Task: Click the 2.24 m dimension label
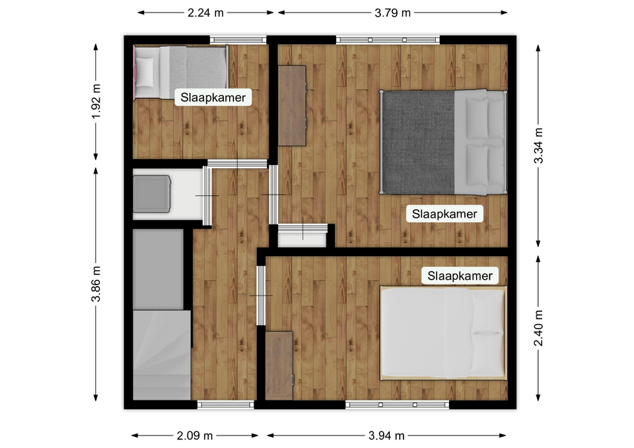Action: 205,13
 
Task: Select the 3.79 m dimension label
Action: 392,13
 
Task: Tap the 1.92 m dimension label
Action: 96,102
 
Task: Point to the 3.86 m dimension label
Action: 96,284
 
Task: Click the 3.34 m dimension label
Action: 539,145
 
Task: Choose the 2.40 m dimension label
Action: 539,328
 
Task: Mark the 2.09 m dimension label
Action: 194,435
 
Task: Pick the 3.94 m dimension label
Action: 386,435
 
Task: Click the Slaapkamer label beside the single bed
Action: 213,98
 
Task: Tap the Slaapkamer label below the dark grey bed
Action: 444,214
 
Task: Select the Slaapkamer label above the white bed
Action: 460,276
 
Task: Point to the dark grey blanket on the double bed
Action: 418,143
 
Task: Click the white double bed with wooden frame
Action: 443,333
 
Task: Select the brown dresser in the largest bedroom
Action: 292,106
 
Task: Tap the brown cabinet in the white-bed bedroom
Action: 279,366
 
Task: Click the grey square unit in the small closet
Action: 152,194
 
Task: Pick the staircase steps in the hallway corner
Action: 162,355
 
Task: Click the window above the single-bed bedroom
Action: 238,40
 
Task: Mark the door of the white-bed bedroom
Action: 262,296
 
